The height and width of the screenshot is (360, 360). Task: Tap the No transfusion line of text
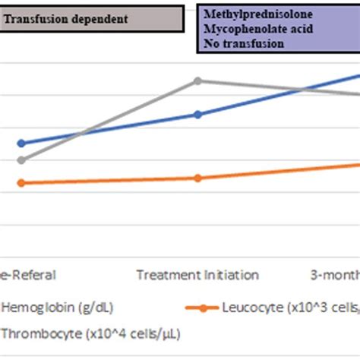pos(243,43)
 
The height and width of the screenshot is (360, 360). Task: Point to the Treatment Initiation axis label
pos(197,275)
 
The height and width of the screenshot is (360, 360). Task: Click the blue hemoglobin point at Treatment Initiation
pos(197,114)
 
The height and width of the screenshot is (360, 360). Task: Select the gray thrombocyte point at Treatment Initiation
pos(197,81)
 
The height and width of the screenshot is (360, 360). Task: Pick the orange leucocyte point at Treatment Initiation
pos(197,178)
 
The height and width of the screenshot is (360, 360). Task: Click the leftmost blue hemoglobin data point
pos(21,143)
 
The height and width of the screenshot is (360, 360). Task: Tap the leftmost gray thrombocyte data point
pos(21,159)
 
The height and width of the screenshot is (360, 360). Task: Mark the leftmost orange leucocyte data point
pos(21,183)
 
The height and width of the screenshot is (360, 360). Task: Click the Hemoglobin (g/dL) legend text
pos(52,308)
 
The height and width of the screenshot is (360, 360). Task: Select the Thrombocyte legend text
pos(90,333)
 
